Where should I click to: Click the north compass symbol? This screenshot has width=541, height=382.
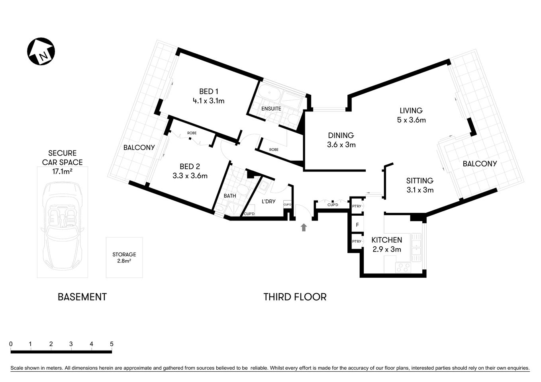[x=41, y=52]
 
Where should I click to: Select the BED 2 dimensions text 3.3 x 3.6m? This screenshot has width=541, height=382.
[x=190, y=175]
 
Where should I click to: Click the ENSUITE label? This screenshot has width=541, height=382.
[x=271, y=109]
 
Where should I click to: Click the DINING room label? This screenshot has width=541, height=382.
[x=341, y=135]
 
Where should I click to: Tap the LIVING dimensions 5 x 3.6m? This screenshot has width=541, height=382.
[x=411, y=120]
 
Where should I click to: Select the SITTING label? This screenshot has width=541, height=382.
[x=419, y=181]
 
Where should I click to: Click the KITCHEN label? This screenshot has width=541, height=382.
[x=386, y=240]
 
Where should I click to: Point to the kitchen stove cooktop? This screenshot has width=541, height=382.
[x=402, y=267]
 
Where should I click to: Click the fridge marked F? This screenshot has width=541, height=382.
[x=357, y=225]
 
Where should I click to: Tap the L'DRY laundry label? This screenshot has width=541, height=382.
[x=268, y=201]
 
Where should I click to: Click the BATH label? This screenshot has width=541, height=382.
[x=229, y=196]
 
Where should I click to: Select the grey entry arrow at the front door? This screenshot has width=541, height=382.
[x=304, y=227]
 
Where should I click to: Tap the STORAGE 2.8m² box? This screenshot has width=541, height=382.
[x=124, y=257]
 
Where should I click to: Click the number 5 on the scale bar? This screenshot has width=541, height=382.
[x=112, y=344]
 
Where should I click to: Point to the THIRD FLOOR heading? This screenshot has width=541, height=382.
[x=295, y=297]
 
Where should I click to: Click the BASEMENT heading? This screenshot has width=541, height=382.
[x=82, y=297]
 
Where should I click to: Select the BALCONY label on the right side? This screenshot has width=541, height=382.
[x=479, y=164]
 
